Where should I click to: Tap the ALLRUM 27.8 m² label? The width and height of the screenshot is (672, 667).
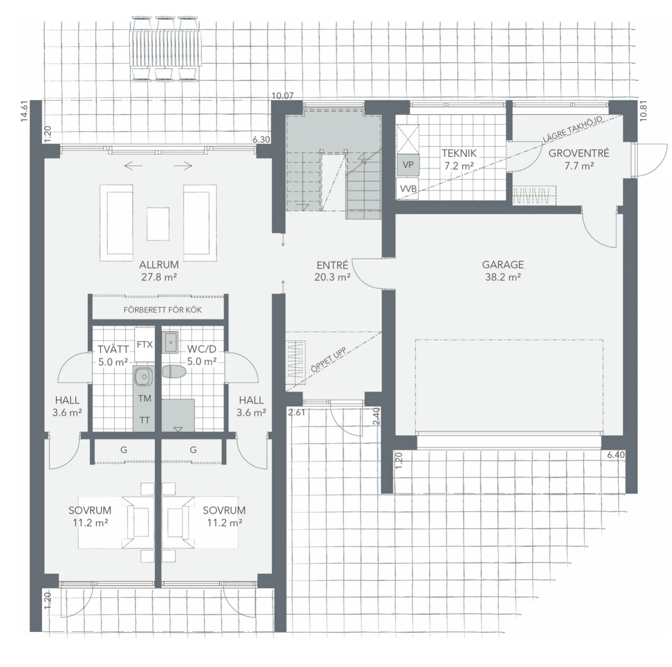159,270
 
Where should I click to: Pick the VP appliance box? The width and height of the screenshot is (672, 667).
407,165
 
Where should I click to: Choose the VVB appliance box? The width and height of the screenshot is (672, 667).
407,189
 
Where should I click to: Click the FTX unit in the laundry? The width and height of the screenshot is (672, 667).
144,345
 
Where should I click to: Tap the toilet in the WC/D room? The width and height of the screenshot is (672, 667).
174,372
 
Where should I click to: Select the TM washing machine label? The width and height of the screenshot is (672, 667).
144,398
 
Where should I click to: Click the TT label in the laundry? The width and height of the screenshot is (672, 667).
144,420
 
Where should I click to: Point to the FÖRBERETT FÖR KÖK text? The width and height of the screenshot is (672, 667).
162,310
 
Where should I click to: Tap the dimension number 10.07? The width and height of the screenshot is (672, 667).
282,96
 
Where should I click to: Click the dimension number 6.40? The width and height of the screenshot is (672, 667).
616,455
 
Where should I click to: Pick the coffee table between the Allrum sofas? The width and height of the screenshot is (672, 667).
158,223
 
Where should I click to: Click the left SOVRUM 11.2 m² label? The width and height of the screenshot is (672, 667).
90,516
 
